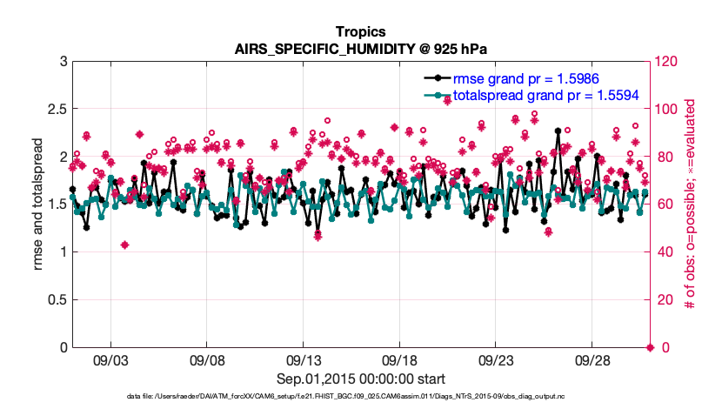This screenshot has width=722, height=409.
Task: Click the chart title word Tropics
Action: [360, 31]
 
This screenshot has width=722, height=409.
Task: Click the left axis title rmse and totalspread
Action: [38, 204]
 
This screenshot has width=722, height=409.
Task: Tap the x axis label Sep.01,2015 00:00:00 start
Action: [361, 379]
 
